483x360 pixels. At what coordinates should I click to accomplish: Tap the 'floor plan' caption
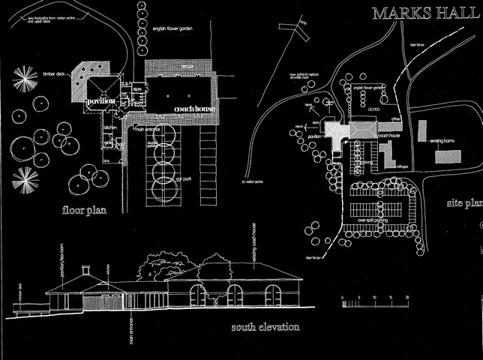83,211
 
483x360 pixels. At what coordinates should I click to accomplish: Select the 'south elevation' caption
265,328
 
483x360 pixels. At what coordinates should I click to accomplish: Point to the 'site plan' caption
464,203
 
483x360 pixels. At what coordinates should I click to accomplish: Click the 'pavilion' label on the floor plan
100,100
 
